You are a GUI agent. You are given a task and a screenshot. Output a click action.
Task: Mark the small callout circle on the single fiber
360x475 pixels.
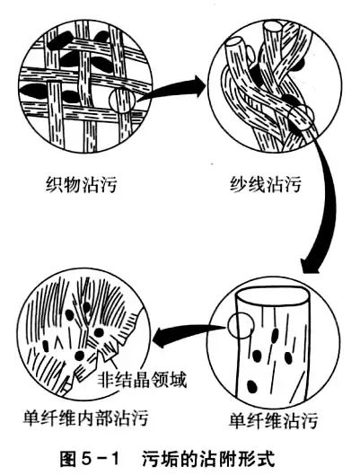(241, 326)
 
